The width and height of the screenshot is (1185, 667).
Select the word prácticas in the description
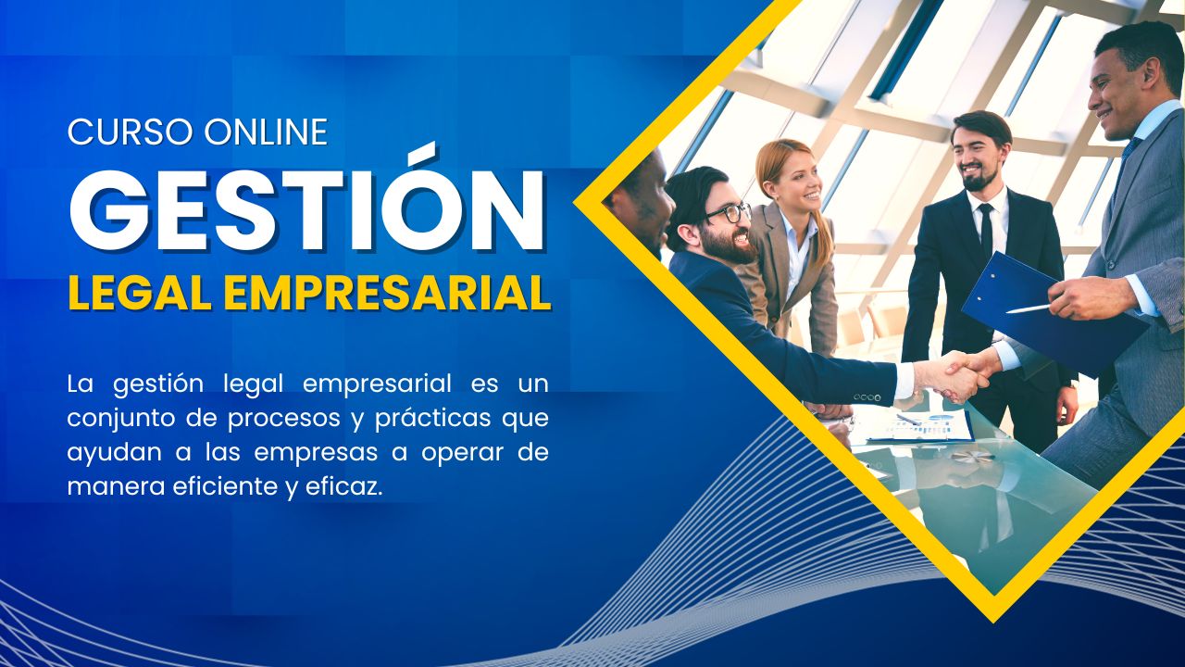[431, 418]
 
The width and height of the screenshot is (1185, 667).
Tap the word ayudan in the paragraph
[103, 453]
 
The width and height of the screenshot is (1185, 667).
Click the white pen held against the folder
[1027, 308]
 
